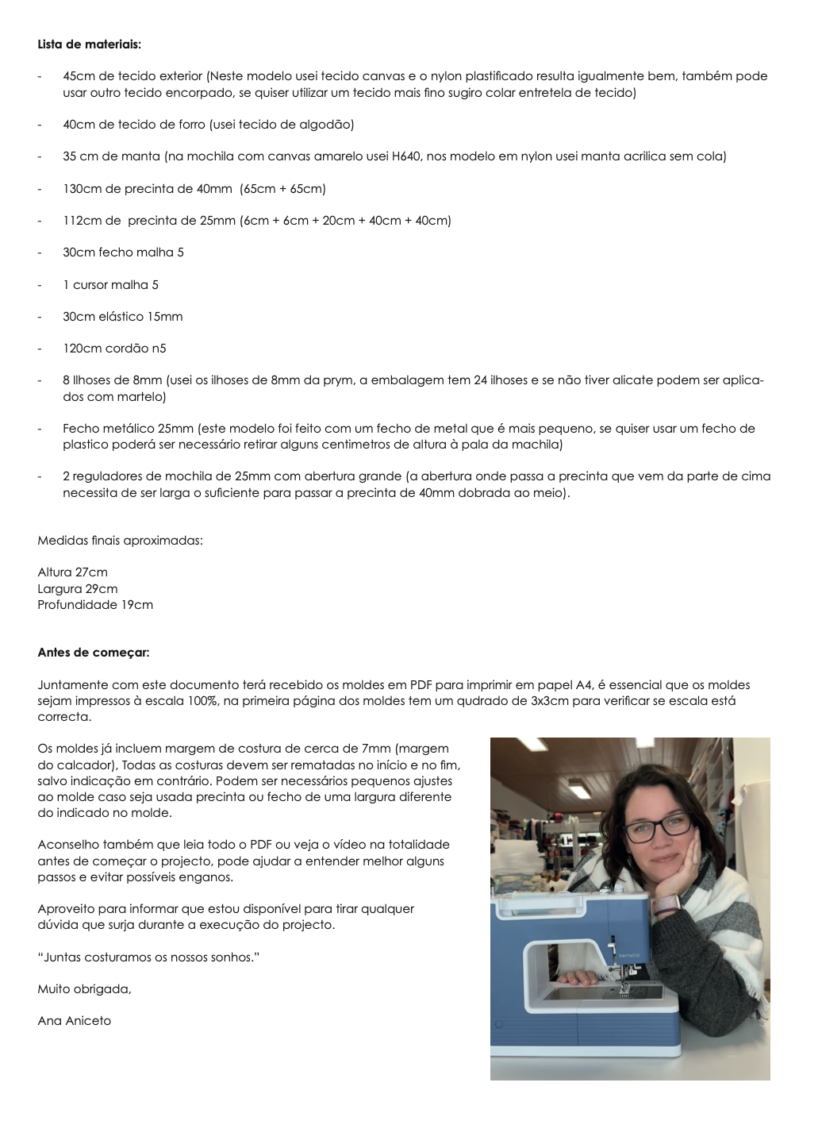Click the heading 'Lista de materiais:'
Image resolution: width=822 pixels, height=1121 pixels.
(x=89, y=44)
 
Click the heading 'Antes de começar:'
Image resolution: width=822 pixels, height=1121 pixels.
(x=93, y=653)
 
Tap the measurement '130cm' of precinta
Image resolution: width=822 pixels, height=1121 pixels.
(x=82, y=189)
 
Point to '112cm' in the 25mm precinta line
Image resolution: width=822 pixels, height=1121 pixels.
(x=82, y=221)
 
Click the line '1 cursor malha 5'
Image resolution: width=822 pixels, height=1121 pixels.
(x=110, y=285)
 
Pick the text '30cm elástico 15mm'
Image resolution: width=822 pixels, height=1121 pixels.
(x=122, y=317)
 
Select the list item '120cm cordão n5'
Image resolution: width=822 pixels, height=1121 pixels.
(x=114, y=349)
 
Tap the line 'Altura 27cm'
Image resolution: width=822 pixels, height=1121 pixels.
(x=72, y=572)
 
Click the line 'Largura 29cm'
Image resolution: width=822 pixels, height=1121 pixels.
(x=77, y=589)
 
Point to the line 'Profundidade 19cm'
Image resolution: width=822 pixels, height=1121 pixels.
(x=95, y=605)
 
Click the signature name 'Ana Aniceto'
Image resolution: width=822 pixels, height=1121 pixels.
(x=74, y=1021)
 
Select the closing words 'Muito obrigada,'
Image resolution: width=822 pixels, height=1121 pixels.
(x=84, y=989)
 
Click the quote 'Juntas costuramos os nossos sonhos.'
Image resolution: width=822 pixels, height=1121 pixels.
(x=148, y=957)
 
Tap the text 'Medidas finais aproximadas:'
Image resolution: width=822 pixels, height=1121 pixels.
(x=120, y=541)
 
